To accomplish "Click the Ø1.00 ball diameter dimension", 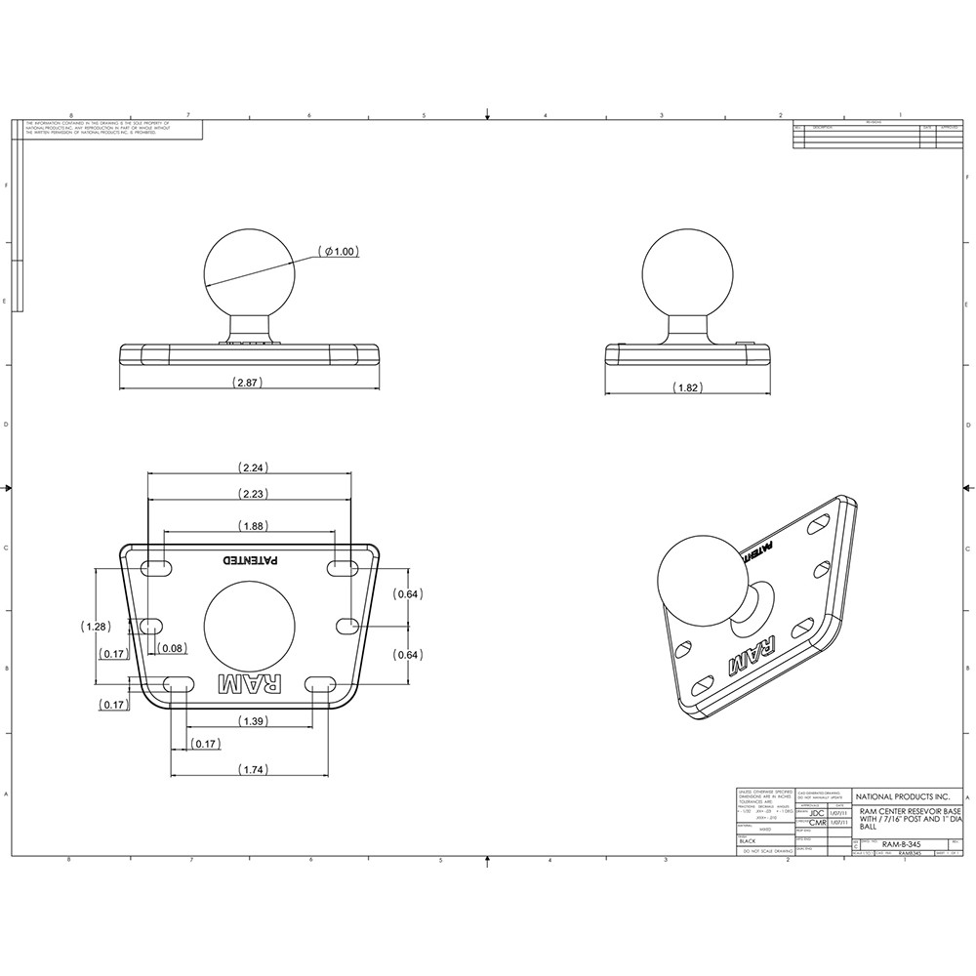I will pos(341,252).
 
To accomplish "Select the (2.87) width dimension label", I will pos(250,384).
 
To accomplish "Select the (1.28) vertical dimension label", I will pos(97,626).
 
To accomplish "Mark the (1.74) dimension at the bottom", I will pos(250,770).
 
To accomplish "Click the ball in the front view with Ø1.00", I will pos(249,269).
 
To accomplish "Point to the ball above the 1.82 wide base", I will pos(686,269).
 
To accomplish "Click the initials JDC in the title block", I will pos(817,811).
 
